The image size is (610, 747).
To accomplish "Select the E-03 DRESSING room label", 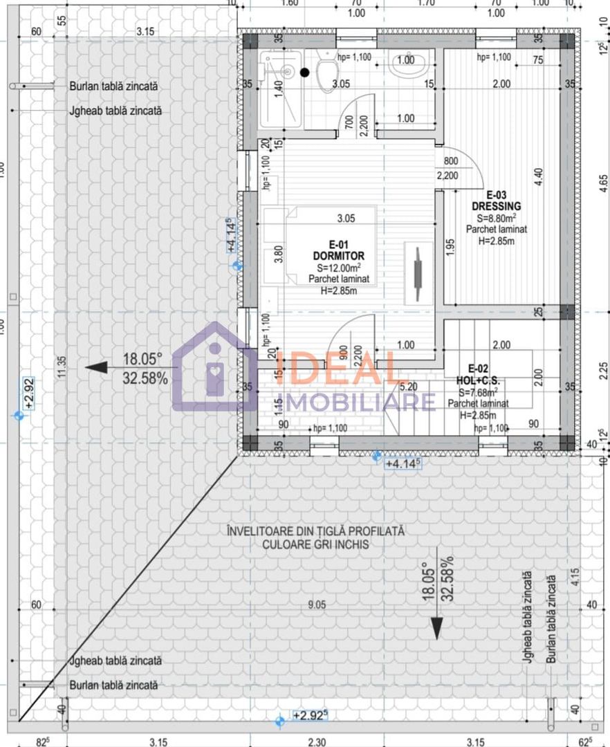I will [496, 201].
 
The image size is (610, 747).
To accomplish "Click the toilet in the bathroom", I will [326, 73].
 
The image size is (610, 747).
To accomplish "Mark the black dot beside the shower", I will [304, 72].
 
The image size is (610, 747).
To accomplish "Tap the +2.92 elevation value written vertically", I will [29, 394].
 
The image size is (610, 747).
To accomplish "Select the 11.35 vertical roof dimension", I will [62, 367].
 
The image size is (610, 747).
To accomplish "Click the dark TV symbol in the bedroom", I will [417, 273].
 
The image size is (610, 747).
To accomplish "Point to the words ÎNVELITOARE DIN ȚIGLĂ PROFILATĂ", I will [315, 531].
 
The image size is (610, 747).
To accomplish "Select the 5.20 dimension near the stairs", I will [409, 387].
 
